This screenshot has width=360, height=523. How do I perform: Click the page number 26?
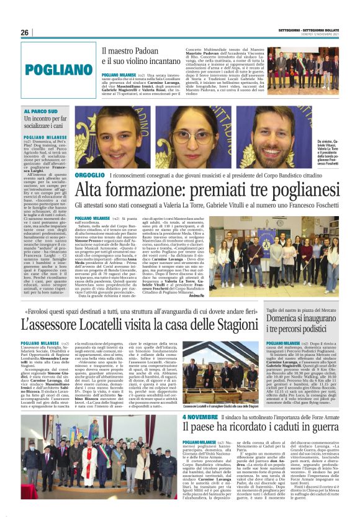click(x=25, y=32)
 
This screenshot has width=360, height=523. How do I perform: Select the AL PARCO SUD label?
click(x=41, y=111)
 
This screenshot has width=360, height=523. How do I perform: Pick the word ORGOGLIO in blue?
click(x=89, y=176)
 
